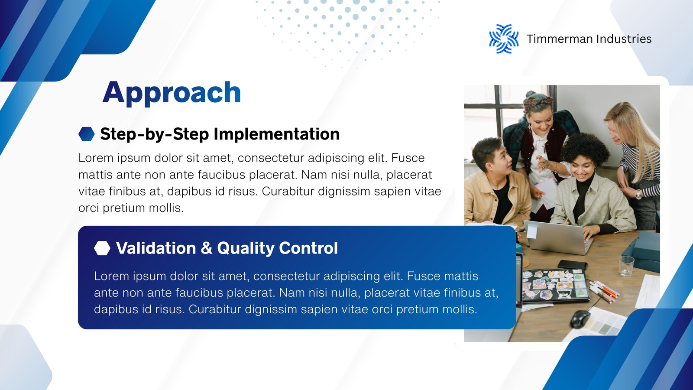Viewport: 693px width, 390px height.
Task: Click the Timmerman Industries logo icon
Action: point(504,39)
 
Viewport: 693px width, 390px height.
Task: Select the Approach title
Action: point(172,93)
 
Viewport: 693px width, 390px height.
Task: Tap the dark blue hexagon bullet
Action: point(87,134)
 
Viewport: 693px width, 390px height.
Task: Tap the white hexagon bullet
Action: point(102,248)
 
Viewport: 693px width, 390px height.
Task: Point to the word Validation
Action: point(156,248)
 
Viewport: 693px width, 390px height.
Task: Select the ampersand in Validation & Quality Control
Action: point(207,248)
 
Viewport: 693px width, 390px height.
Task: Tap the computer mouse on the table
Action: point(580,319)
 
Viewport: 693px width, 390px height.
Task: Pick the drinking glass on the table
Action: point(626,266)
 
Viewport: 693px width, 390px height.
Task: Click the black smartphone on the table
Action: point(573,265)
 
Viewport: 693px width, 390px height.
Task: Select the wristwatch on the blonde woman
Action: point(638,194)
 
